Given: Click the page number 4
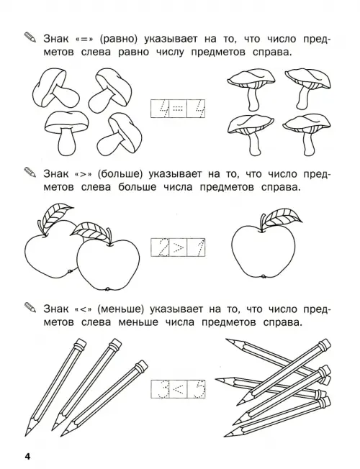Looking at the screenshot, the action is pyautogui.click(x=27, y=457).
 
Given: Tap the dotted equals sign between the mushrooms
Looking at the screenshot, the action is pyautogui.click(x=178, y=109).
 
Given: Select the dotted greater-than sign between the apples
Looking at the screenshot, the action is pyautogui.click(x=178, y=247).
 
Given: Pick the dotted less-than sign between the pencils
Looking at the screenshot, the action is pyautogui.click(x=178, y=389).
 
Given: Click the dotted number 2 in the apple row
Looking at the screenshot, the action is pyautogui.click(x=161, y=247).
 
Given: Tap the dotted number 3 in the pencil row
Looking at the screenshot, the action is pyautogui.click(x=161, y=389).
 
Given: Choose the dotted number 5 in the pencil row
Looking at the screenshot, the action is pyautogui.click(x=197, y=389).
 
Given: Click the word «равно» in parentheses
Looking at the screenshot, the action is pyautogui.click(x=122, y=39).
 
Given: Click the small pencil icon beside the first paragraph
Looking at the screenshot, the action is pyautogui.click(x=30, y=37).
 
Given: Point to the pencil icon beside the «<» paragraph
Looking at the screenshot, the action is pyautogui.click(x=30, y=307).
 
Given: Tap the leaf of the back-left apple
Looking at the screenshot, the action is pyautogui.click(x=57, y=214).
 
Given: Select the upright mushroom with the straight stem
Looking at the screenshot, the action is pyautogui.click(x=66, y=132).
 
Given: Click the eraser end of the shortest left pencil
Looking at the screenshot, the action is pyautogui.click(x=141, y=365).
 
